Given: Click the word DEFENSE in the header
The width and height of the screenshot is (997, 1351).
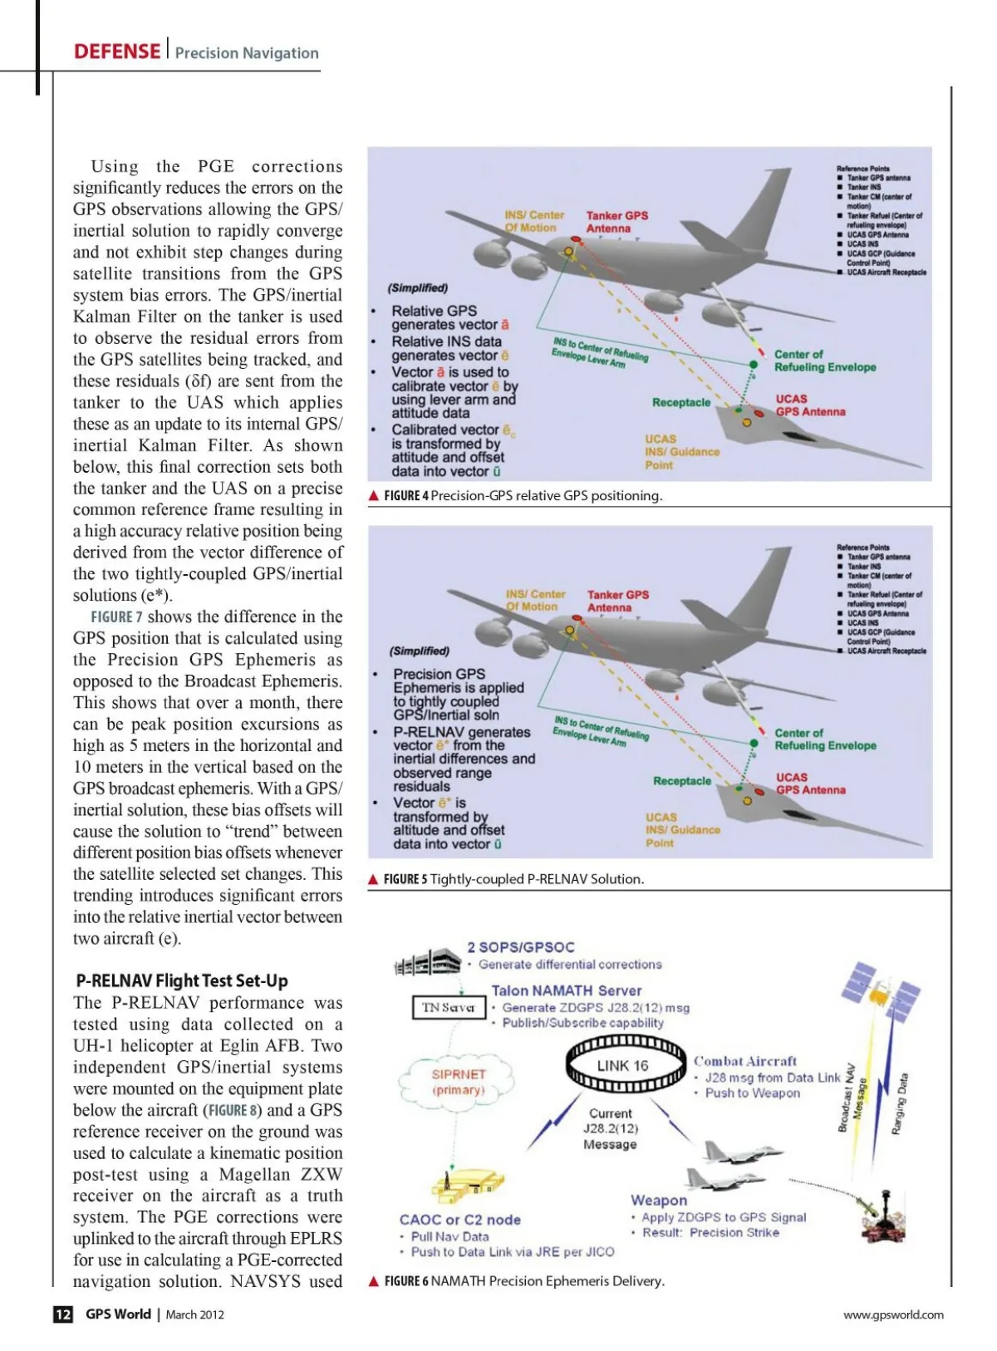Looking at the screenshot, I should pos(116,52).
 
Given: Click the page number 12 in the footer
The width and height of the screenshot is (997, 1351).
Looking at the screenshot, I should pos(63,1314).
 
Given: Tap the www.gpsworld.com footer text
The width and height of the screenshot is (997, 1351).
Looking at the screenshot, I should pos(893,1314).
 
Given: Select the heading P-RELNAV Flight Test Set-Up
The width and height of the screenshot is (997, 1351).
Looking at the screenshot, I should pos(182,980).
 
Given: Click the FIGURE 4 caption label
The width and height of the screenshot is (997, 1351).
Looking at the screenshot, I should pos(405,496).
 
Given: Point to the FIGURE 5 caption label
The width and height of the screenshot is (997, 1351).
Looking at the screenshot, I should pos(405,879).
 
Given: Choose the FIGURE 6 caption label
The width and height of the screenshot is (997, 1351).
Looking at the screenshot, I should pos(405,1281).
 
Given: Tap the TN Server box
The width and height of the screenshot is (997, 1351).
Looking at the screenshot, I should pos(449,1007).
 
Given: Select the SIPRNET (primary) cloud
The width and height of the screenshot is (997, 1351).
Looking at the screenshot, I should pos(458,1081).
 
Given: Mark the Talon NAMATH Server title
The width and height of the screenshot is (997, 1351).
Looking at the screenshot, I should pos(566,990).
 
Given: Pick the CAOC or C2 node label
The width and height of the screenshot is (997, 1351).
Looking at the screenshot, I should pos(459,1220).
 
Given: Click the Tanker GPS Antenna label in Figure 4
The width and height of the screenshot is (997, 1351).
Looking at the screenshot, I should pos(616,222).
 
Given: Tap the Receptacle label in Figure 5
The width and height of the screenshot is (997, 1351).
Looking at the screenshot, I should pos(682,781).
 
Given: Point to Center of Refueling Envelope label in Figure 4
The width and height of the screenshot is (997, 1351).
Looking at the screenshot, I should pos(824,361).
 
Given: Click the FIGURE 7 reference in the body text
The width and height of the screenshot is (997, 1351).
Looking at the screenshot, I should pos(116,617).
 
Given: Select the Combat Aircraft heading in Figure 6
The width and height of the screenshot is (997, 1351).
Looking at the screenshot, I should pos(744,1061).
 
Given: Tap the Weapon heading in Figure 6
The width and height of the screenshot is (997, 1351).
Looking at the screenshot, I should pos(658,1200).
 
